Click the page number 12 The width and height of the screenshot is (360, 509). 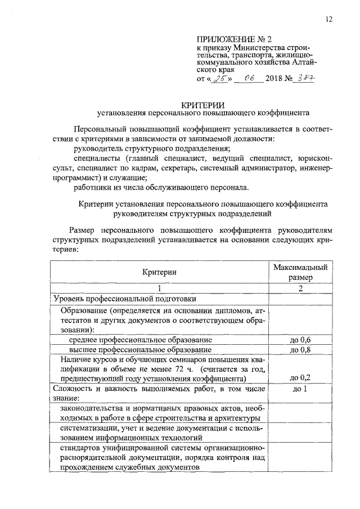point(328,20)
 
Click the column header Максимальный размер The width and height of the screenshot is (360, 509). point(300,272)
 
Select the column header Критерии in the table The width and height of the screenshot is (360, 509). point(159,272)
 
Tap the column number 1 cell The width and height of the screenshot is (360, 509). point(159,289)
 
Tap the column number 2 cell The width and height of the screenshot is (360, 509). point(300,289)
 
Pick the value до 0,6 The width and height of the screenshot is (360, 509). point(300,340)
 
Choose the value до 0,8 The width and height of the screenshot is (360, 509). point(300,350)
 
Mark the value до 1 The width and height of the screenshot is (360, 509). point(300,388)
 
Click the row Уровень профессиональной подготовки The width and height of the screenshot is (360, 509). point(124,298)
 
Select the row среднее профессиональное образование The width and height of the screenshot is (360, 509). point(140,340)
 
